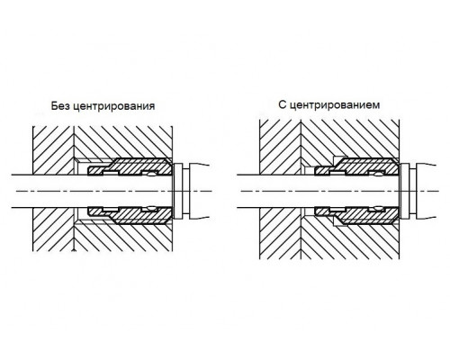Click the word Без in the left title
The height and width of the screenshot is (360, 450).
[x=60, y=106]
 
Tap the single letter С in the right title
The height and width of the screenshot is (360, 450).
[x=282, y=104]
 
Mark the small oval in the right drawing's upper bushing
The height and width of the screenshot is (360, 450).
[x=380, y=174]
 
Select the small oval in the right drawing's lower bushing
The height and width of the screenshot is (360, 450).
[x=380, y=208]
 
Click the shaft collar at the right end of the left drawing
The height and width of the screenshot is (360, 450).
[x=178, y=191]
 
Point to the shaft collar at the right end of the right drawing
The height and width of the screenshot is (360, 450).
[x=405, y=191]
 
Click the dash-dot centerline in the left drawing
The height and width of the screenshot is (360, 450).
[x=114, y=191]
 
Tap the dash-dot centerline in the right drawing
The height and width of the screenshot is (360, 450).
[x=340, y=191]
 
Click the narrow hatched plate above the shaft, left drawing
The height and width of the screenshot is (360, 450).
[x=53, y=150]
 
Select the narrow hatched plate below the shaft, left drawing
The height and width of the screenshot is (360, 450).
[x=53, y=229]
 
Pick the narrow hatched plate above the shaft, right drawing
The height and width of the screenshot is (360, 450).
[x=280, y=148]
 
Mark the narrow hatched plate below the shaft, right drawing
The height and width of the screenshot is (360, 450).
[x=280, y=233]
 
